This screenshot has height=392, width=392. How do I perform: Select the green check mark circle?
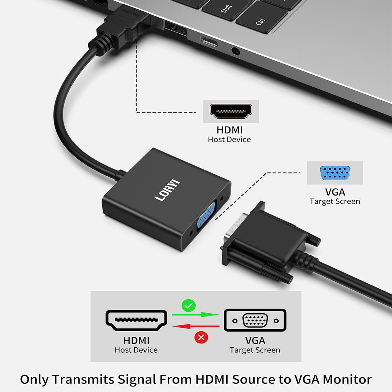click(189, 305)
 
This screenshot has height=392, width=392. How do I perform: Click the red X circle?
click(201, 338)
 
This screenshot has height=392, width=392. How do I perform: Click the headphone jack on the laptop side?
click(235, 51)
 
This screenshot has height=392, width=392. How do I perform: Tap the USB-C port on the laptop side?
click(209, 42)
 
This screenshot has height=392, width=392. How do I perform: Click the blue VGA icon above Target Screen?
click(335, 172)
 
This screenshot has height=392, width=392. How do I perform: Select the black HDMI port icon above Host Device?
click(231, 111)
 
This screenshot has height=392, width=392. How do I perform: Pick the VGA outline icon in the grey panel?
click(255, 320)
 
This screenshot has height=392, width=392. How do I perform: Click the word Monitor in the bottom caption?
click(347, 379)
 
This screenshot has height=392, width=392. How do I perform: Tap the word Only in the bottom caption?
click(34, 380)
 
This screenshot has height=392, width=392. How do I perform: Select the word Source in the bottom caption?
click(254, 379)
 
